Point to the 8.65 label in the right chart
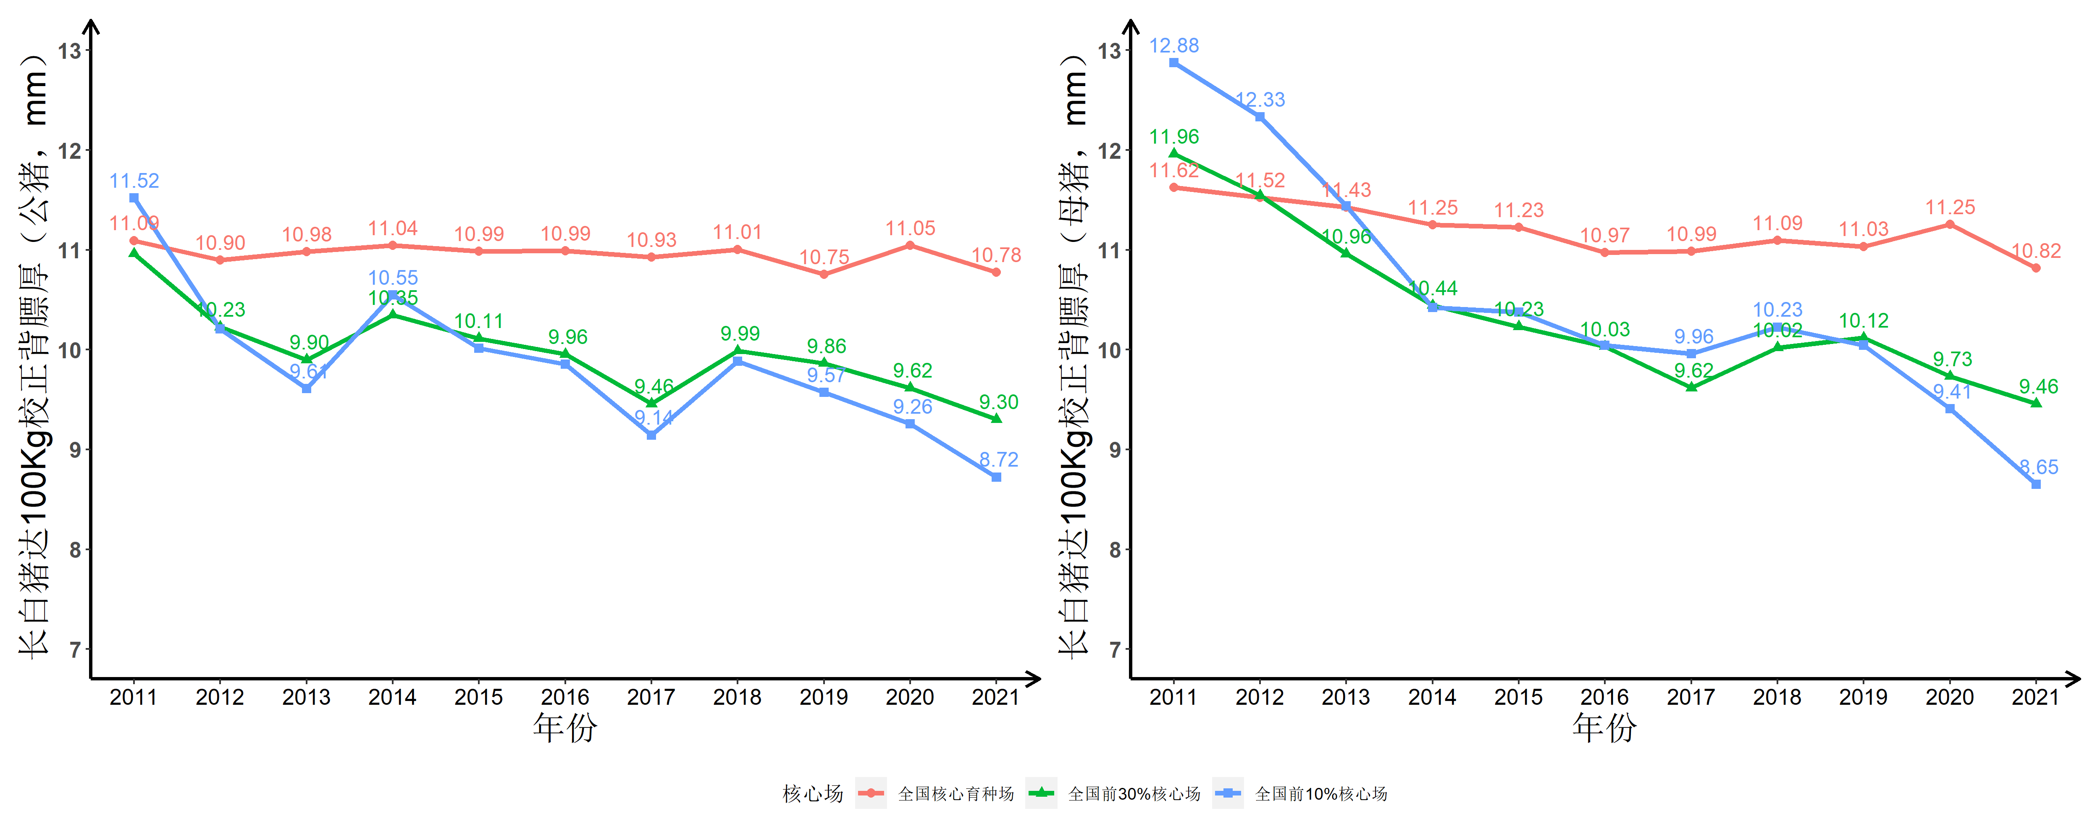2038,467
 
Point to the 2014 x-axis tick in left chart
392,697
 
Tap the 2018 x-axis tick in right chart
1777,697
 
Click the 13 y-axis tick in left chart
70,50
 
